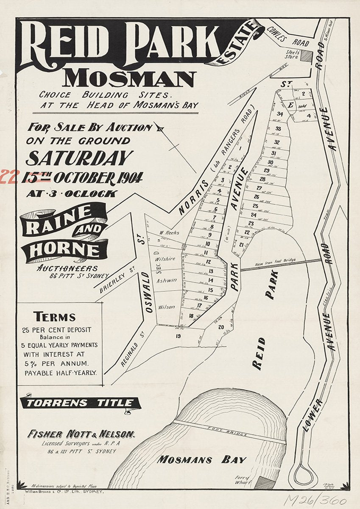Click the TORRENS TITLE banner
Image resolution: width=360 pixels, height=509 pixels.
tap(81, 403)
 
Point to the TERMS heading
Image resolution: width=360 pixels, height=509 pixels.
tap(55, 317)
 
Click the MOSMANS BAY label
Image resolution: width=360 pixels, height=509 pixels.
tap(201, 459)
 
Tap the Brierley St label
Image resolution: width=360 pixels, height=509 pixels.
tap(114, 282)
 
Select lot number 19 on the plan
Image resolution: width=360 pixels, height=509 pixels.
tap(178, 336)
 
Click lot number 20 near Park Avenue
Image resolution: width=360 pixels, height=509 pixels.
tap(221, 327)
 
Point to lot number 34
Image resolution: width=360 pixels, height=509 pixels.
tap(280, 114)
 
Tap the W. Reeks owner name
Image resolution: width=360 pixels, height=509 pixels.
tap(169, 232)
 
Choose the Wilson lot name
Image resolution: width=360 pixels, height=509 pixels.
tap(166, 307)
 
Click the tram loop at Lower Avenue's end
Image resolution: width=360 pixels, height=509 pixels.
tap(304, 474)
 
